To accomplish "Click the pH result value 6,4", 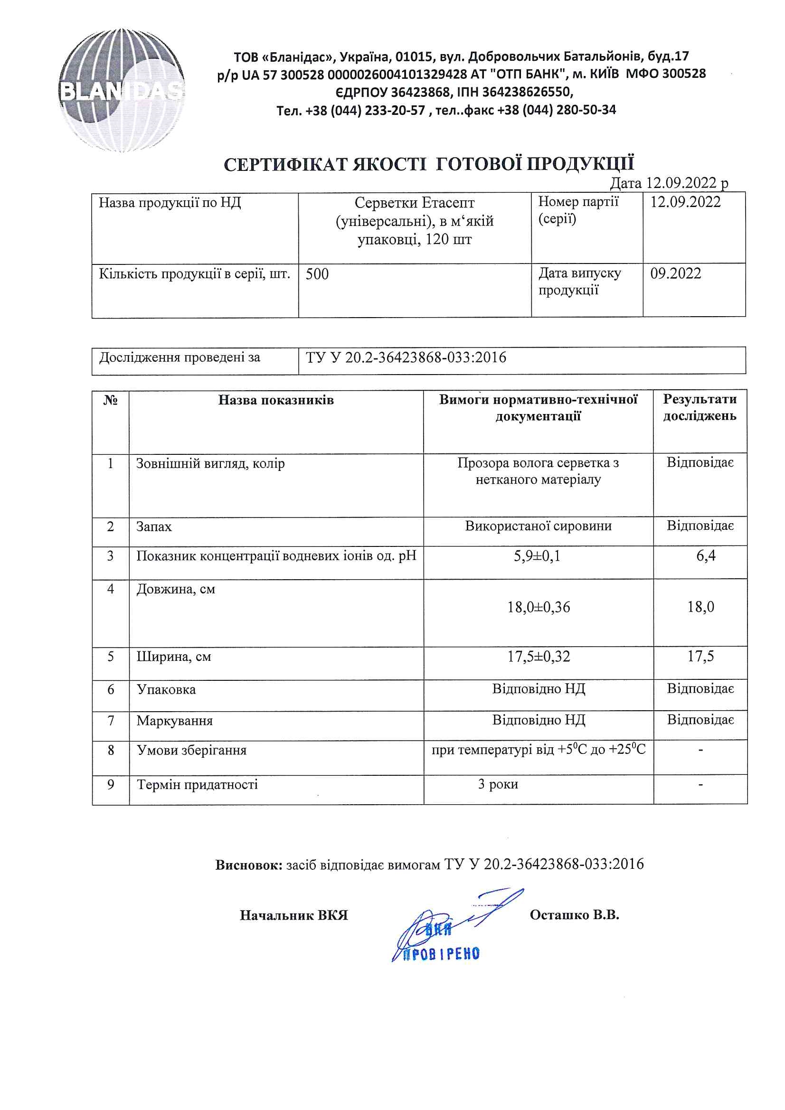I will coord(706,556).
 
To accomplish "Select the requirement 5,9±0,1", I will coord(537,556).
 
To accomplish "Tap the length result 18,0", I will coord(700,607).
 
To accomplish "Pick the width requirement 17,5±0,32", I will coord(539,657).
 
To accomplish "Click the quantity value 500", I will coord(317,274).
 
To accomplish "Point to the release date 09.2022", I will coord(675,273).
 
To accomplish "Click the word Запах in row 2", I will coord(154,527).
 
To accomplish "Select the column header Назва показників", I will coord(276,400).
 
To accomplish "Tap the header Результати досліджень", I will coord(700,407).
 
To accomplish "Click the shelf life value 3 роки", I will coord(498,784).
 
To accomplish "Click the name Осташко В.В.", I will coord(574,915).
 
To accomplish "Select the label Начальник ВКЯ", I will coord(293,915).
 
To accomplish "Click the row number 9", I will coord(111,784).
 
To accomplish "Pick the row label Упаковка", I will coord(166,689).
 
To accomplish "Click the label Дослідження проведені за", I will coord(180,357).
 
